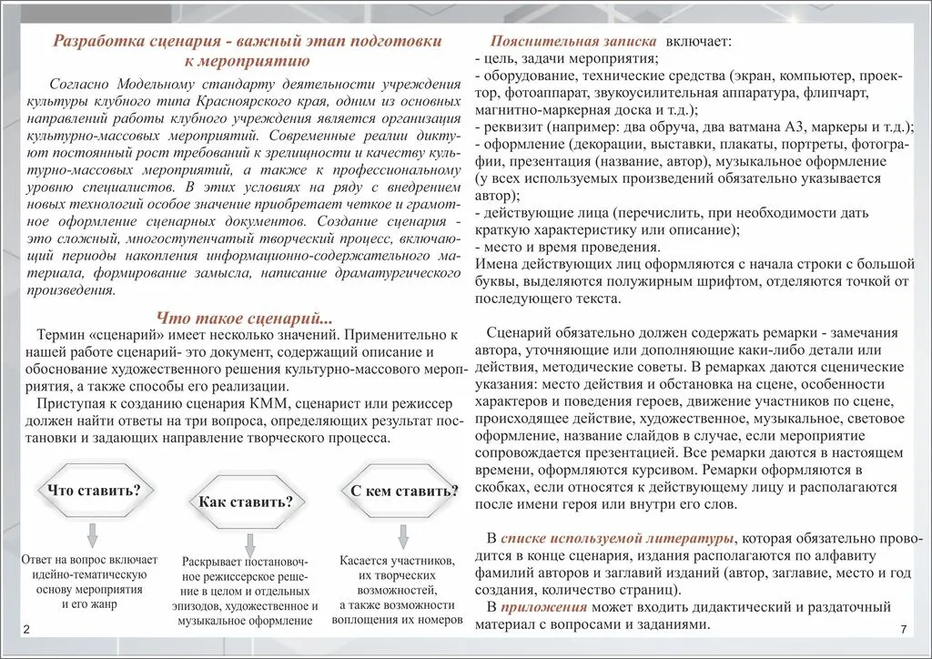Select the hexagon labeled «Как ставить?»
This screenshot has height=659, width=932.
tap(246, 502)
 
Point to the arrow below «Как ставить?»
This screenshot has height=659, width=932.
tap(245, 541)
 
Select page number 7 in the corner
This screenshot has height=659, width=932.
tap(902, 631)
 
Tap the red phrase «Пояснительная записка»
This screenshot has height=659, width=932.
tap(572, 43)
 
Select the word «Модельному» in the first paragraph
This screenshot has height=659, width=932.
tap(154, 85)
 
